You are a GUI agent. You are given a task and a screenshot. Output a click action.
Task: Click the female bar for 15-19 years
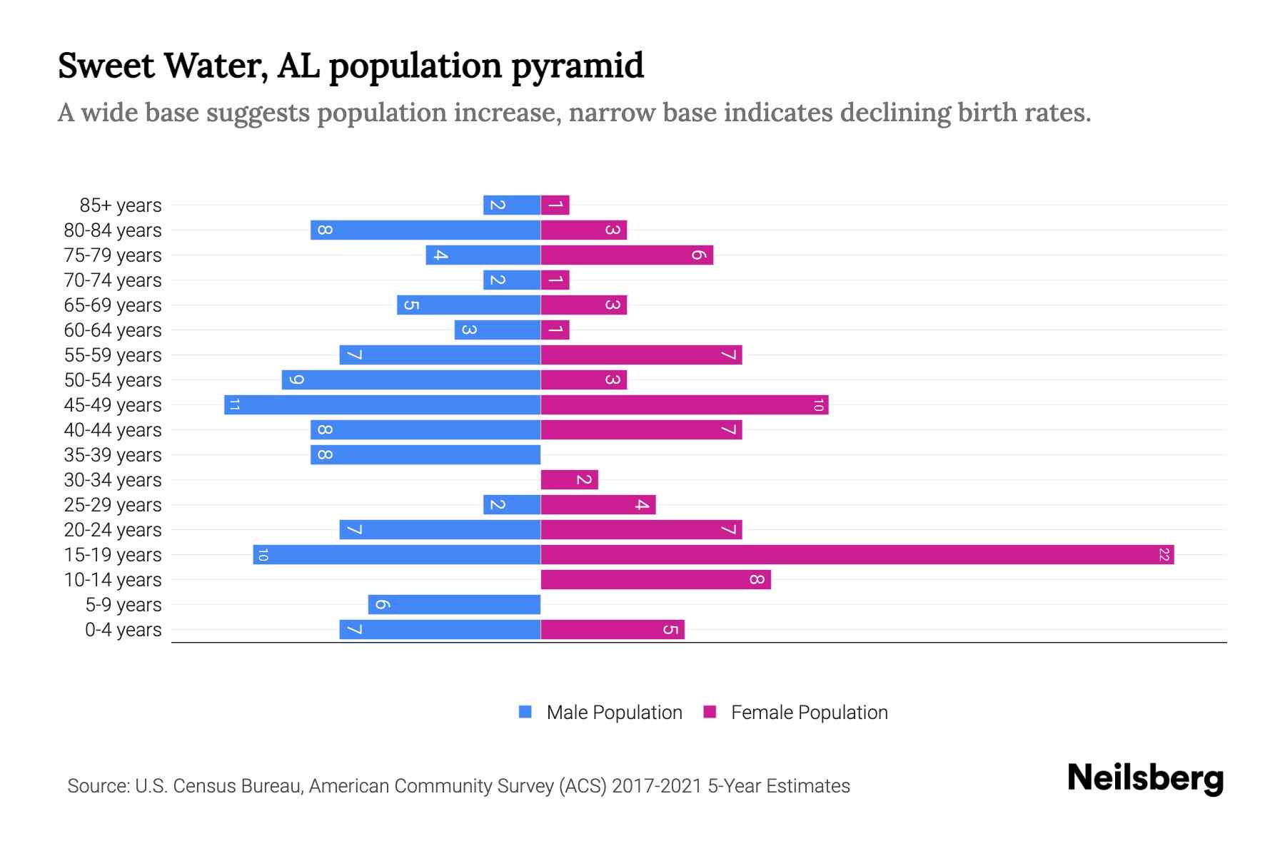(x=857, y=554)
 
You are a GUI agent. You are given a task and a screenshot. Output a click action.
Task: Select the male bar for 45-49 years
(x=383, y=404)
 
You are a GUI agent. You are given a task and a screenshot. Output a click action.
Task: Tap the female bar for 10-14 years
(x=655, y=579)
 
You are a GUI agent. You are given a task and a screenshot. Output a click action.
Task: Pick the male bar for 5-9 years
(x=454, y=604)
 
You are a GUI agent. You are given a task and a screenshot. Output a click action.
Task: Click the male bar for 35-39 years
(x=425, y=454)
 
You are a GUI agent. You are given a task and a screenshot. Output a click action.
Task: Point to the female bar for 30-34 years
(x=569, y=479)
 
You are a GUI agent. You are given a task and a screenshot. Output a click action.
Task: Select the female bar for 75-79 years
(x=627, y=255)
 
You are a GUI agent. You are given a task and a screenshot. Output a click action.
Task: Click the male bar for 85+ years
(x=512, y=205)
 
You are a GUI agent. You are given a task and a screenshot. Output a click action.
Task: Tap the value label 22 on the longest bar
(x=1164, y=554)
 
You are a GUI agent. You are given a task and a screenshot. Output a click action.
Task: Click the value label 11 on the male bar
(x=234, y=404)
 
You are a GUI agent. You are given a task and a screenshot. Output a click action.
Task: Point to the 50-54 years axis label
(x=113, y=380)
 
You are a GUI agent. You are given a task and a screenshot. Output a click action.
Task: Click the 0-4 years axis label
(x=123, y=630)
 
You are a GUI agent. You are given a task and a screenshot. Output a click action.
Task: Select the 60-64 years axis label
(x=113, y=330)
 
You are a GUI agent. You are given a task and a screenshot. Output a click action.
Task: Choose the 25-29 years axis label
(x=113, y=505)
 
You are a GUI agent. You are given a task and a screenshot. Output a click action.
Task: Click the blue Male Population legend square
(x=525, y=712)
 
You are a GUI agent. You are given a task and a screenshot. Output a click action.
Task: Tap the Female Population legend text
(x=809, y=712)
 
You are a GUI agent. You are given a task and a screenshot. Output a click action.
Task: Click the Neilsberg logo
(x=1145, y=778)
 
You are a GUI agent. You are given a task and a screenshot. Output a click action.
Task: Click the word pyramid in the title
(x=578, y=66)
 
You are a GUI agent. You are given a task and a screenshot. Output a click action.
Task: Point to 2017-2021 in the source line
(x=657, y=786)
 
